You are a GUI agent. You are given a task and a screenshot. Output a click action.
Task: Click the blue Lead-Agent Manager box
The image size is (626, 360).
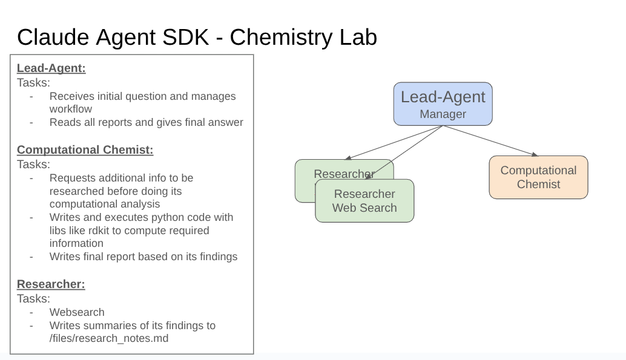coord(443,104)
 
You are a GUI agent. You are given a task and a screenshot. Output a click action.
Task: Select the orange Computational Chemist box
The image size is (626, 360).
coord(538,177)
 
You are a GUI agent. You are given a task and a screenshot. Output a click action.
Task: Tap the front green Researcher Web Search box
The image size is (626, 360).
coord(364,201)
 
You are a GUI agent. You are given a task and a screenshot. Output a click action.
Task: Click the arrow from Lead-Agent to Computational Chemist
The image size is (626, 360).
coord(490,140)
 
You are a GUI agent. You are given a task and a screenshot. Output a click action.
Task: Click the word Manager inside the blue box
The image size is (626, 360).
coord(443,114)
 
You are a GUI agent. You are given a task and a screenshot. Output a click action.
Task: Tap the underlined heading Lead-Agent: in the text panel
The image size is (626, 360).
coord(51,68)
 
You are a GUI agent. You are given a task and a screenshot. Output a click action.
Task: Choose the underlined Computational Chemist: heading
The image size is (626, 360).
coord(85,150)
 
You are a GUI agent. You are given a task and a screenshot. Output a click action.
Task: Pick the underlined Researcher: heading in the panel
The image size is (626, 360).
coord(51,284)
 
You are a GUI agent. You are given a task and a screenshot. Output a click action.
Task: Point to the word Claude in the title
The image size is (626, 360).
coord(53,38)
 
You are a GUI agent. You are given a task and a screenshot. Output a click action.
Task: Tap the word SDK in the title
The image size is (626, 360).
coord(189,38)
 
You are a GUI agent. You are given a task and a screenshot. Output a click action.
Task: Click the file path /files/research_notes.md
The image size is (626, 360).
coord(109,338)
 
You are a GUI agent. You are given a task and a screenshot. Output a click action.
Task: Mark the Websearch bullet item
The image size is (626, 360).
coord(77,312)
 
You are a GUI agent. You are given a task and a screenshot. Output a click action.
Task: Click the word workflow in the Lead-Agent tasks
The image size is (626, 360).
coord(71,109)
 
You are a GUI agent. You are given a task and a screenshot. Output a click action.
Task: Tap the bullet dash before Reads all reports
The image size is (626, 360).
coord(31,122)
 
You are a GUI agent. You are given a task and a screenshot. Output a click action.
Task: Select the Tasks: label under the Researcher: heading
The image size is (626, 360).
coord(33,298)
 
